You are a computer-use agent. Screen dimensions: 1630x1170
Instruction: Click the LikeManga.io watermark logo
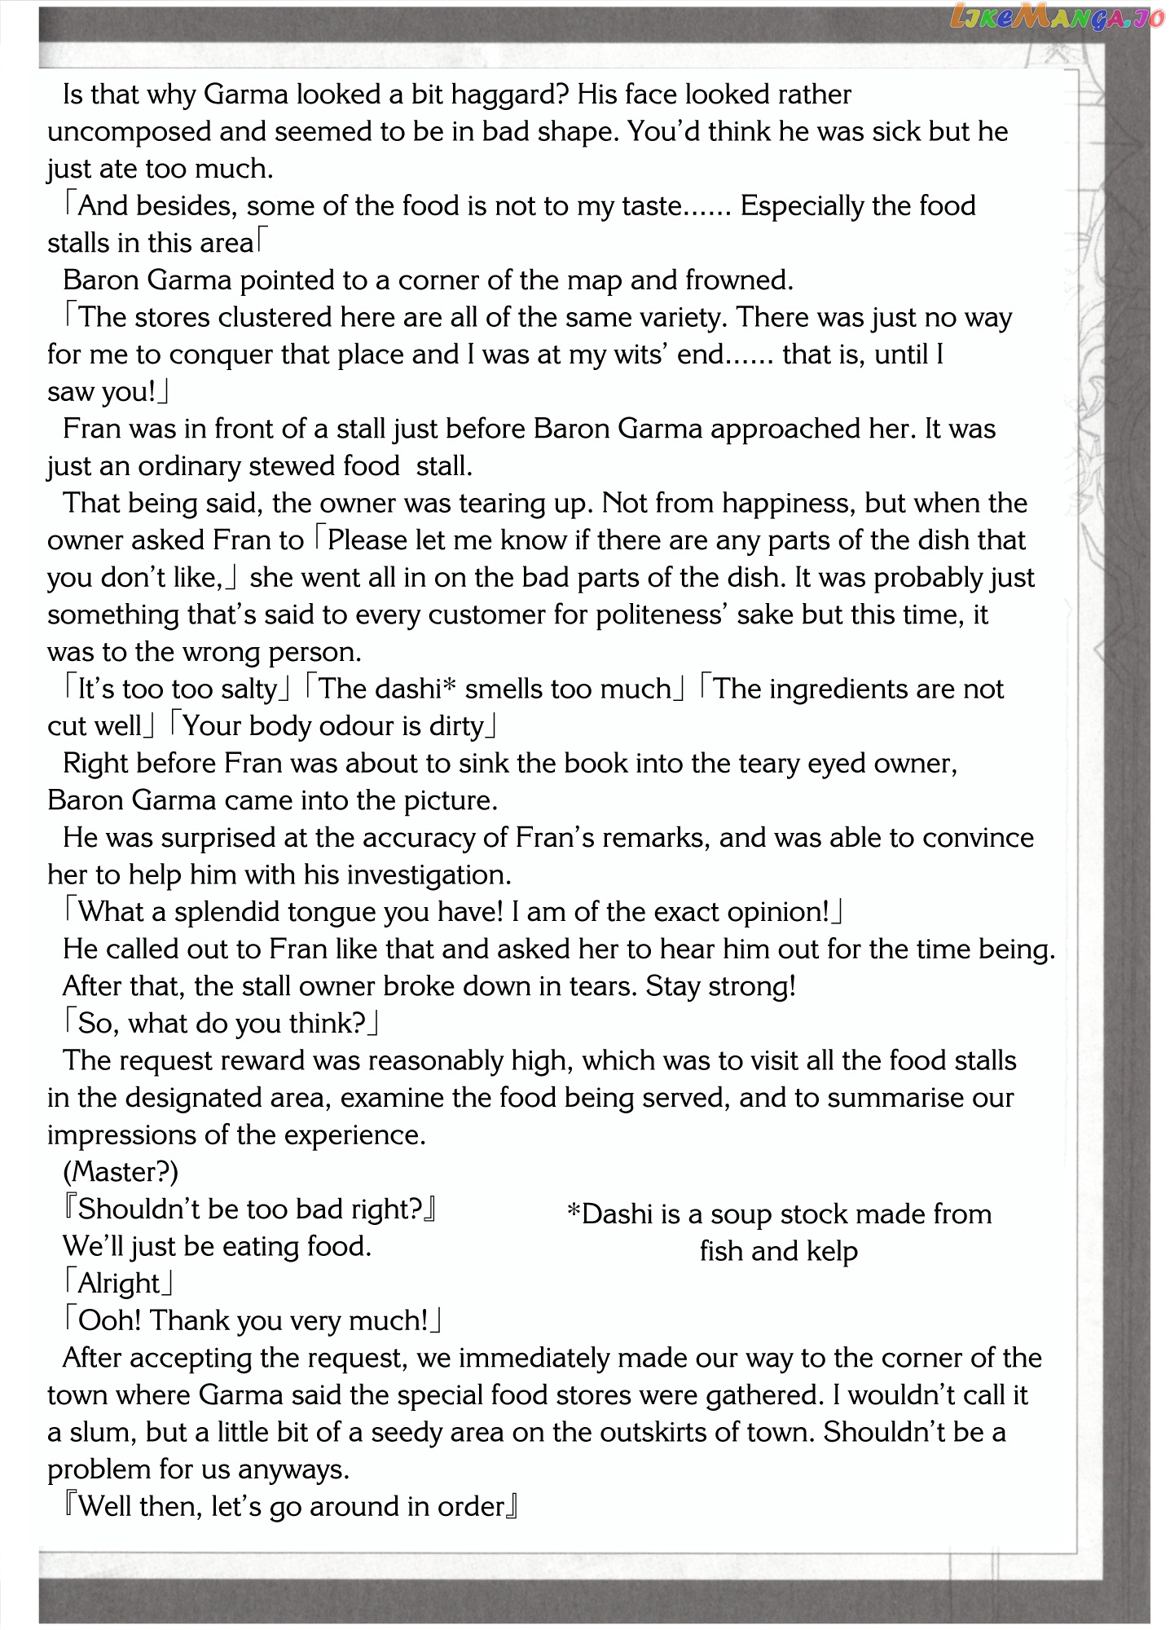pyautogui.click(x=1057, y=16)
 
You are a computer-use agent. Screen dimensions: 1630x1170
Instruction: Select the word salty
pyautogui.click(x=249, y=689)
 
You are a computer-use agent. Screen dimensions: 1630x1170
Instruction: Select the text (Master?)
pyautogui.click(x=121, y=1172)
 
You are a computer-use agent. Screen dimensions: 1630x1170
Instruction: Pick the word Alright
pyautogui.click(x=119, y=1284)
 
